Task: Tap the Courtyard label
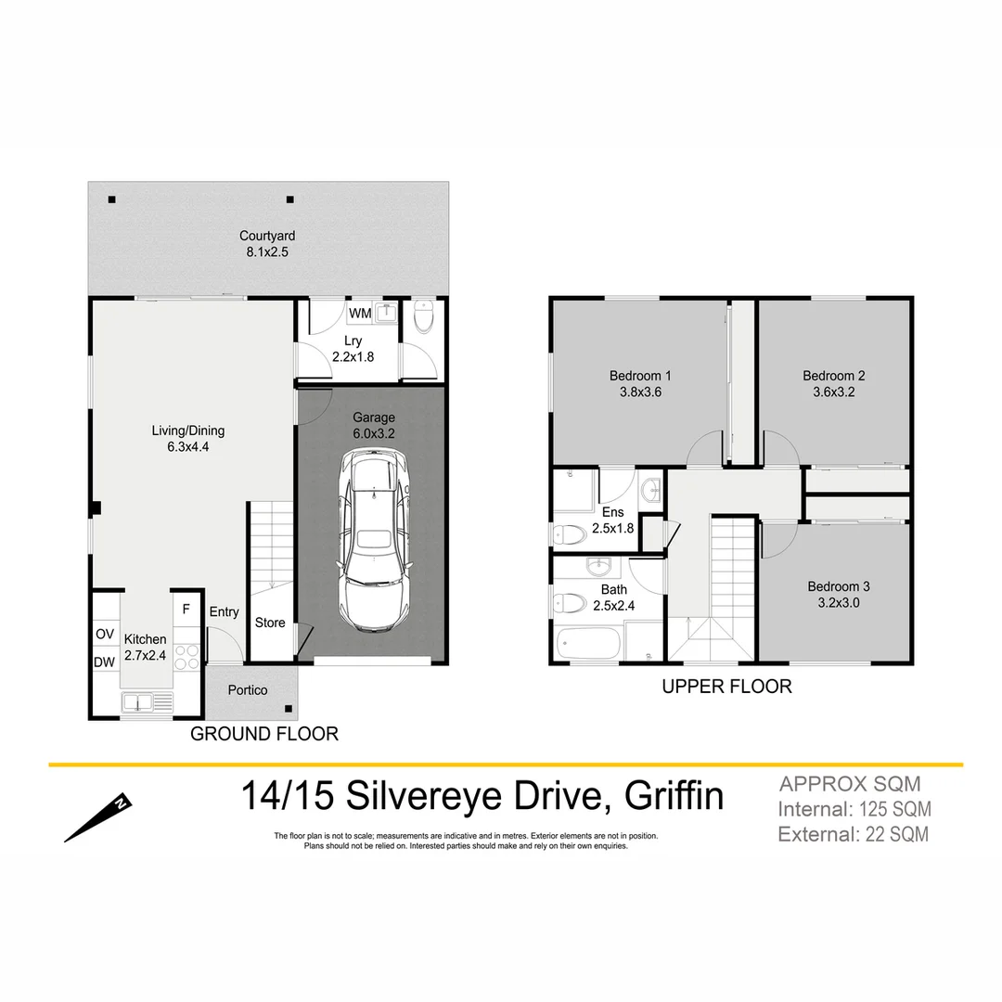267,244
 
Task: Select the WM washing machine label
361,314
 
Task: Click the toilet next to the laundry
424,317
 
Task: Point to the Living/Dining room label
188,439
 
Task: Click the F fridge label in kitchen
186,610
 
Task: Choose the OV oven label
105,634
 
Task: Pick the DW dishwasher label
105,662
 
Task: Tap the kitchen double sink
148,703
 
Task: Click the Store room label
270,623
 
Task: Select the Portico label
248,690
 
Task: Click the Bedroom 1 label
640,383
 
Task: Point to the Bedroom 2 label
834,383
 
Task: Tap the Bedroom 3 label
838,594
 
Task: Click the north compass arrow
98,816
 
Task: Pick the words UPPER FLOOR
726,687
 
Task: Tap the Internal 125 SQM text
854,809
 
